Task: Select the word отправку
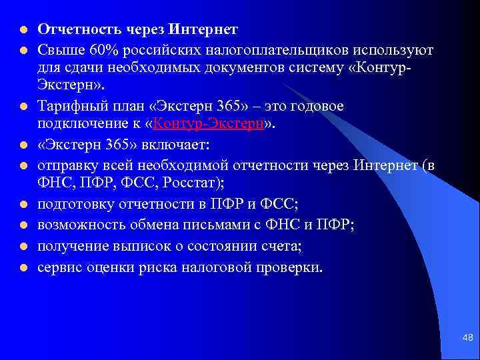(x=65, y=166)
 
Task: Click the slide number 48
(x=467, y=339)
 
